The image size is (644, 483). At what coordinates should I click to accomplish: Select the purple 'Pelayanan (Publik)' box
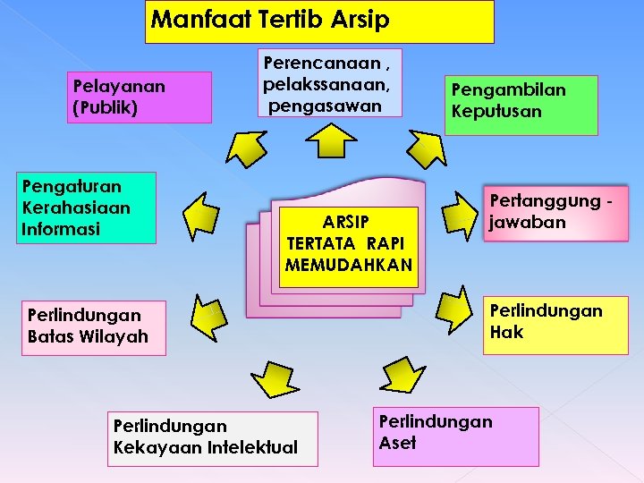pos(141,97)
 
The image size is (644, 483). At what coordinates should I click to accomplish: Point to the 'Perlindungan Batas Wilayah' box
pos(95,327)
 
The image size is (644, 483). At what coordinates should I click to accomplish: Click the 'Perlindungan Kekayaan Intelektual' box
pos(212,438)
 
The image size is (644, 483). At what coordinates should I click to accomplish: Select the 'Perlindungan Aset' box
pos(457,436)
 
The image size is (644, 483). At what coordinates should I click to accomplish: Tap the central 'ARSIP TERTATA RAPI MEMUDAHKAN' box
pos(349,246)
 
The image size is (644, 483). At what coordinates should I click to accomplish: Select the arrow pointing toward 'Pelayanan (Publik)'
pos(247,147)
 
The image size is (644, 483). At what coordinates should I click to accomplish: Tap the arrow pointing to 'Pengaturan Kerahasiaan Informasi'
pos(200,213)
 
